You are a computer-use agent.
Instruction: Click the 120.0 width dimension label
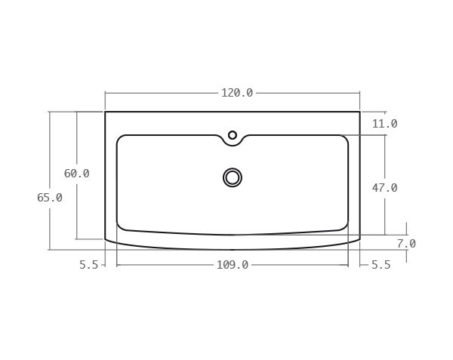click(x=236, y=93)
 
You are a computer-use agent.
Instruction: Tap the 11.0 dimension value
click(x=384, y=124)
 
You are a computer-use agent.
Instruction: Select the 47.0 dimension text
click(x=384, y=188)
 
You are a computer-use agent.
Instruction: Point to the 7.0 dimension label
click(x=406, y=244)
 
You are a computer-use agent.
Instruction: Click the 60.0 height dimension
click(x=76, y=174)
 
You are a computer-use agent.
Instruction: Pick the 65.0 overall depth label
click(x=50, y=198)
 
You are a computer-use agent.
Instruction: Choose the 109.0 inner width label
click(x=233, y=265)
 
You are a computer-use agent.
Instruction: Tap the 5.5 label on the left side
click(x=89, y=265)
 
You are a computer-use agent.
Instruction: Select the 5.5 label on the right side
click(x=381, y=265)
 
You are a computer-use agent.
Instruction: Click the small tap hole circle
click(x=233, y=135)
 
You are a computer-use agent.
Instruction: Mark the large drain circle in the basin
click(x=233, y=177)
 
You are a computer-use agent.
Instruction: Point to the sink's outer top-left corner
click(x=105, y=112)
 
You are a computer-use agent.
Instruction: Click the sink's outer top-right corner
click(x=360, y=112)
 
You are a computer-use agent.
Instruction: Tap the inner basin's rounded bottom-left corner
click(x=120, y=226)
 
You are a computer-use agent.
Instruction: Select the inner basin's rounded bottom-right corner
click(x=345, y=226)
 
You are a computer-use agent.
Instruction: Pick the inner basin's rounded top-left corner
click(x=120, y=138)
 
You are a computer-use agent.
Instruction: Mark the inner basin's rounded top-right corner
click(x=345, y=138)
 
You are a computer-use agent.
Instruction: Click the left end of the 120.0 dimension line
click(x=105, y=93)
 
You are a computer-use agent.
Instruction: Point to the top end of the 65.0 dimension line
click(x=50, y=112)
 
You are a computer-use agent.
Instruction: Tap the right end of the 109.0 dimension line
click(x=348, y=265)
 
